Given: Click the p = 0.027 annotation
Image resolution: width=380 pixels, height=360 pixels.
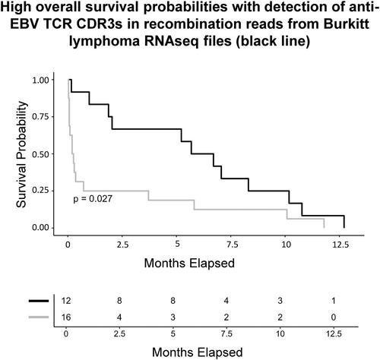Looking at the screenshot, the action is [93, 199].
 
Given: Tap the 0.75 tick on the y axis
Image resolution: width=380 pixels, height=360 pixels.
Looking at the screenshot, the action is [41, 117].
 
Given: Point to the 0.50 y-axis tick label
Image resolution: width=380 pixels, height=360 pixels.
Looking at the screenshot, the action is [41, 154].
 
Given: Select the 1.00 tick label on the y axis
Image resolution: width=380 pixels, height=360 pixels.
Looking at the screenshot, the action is [41, 80].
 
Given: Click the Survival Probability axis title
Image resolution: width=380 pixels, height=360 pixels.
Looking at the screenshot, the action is [21, 154].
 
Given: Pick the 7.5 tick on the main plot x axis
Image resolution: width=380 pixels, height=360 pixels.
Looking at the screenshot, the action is [232, 245].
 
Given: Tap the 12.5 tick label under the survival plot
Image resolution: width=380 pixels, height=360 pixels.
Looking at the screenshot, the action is [340, 245].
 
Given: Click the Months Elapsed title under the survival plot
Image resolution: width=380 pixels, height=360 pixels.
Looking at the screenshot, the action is [189, 263].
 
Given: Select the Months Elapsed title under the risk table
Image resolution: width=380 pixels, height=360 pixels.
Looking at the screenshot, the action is [198, 352].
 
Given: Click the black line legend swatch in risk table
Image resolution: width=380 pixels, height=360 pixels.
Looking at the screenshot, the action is [39, 301].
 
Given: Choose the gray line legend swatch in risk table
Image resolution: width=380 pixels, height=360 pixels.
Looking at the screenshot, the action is [39, 317].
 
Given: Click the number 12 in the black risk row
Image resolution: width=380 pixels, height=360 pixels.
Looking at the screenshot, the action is [66, 301].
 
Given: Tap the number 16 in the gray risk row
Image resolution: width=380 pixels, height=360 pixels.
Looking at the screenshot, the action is [66, 317].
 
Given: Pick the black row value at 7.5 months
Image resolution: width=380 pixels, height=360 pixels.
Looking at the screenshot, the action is [226, 301].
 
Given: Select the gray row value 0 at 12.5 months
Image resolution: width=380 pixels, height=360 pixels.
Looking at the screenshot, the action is [334, 317].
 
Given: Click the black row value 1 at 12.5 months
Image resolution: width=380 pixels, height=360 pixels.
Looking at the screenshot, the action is [334, 301].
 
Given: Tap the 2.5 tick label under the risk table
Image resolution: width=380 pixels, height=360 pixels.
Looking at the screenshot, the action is [119, 334].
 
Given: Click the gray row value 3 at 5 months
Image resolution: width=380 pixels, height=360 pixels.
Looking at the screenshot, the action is [173, 317].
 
